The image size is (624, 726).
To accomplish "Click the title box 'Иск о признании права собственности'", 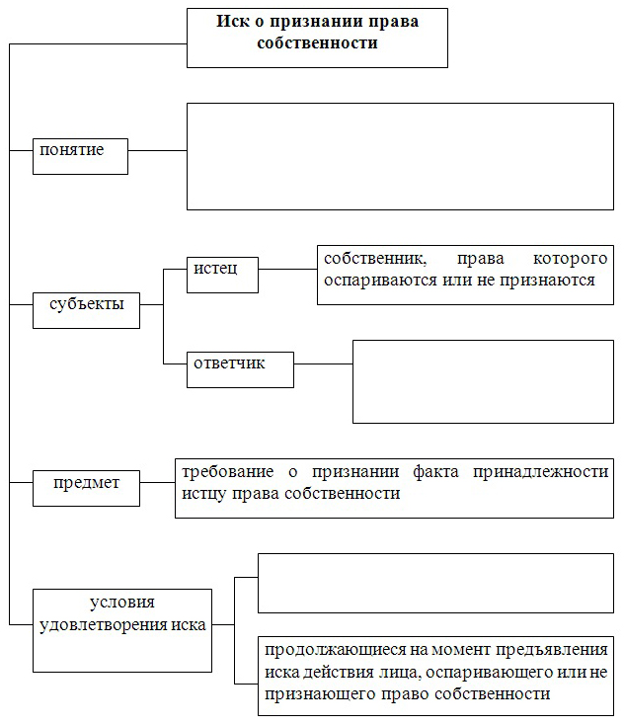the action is click(x=317, y=38).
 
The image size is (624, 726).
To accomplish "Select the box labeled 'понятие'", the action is click(x=80, y=156).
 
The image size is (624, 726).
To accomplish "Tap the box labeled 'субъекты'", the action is click(x=86, y=310).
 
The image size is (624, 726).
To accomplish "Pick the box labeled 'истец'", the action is click(x=222, y=275).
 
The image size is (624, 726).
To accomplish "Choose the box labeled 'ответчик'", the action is click(x=240, y=369).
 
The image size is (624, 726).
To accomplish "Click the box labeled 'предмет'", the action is click(x=86, y=488).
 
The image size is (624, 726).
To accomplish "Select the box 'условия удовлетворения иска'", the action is click(x=122, y=630).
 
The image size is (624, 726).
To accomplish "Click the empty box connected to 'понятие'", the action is click(x=400, y=156).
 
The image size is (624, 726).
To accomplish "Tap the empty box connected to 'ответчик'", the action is click(x=483, y=381).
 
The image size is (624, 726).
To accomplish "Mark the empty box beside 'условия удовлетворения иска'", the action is click(x=435, y=583).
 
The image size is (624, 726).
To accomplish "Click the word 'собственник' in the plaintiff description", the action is click(x=375, y=259).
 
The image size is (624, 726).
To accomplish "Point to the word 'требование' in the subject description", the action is click(x=227, y=472).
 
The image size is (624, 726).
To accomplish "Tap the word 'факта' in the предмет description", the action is click(x=435, y=472).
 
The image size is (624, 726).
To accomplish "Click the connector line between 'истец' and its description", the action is click(x=287, y=269).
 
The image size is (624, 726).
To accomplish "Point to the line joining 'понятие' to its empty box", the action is click(x=157, y=150).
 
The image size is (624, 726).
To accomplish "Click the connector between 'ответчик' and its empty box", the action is click(x=323, y=363).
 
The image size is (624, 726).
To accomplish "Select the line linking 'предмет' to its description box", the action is click(x=157, y=482).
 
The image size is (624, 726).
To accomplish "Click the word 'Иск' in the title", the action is click(x=233, y=22).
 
